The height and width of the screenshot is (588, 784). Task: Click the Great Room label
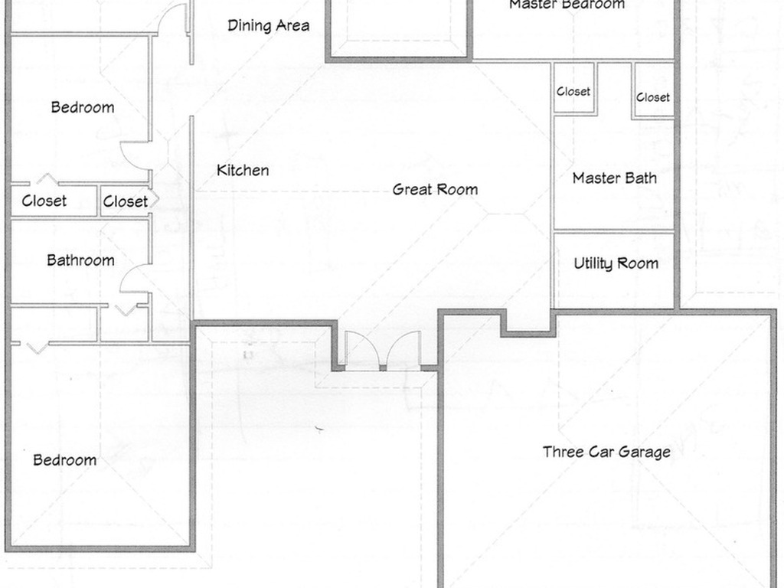coord(435,189)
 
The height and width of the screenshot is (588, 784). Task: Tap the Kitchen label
coord(243,170)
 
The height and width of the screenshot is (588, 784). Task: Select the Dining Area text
coord(269,26)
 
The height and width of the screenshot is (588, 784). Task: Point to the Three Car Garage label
coord(606,452)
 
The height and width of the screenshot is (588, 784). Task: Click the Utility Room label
coord(616,263)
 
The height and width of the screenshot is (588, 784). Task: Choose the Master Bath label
coord(614,178)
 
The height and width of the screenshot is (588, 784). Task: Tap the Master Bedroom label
coord(567,5)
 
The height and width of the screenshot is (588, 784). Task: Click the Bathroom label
coord(80,260)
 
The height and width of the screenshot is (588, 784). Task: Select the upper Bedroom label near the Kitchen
coord(82,107)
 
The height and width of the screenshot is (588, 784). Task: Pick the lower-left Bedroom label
coord(64,460)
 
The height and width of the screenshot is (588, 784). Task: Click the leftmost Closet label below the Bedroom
coord(44,201)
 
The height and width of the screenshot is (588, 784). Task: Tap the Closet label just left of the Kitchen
coord(125,201)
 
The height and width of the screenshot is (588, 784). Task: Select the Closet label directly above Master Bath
coord(573,91)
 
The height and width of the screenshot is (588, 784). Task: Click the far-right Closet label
coord(653,97)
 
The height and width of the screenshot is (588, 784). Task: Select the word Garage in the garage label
coord(644,452)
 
